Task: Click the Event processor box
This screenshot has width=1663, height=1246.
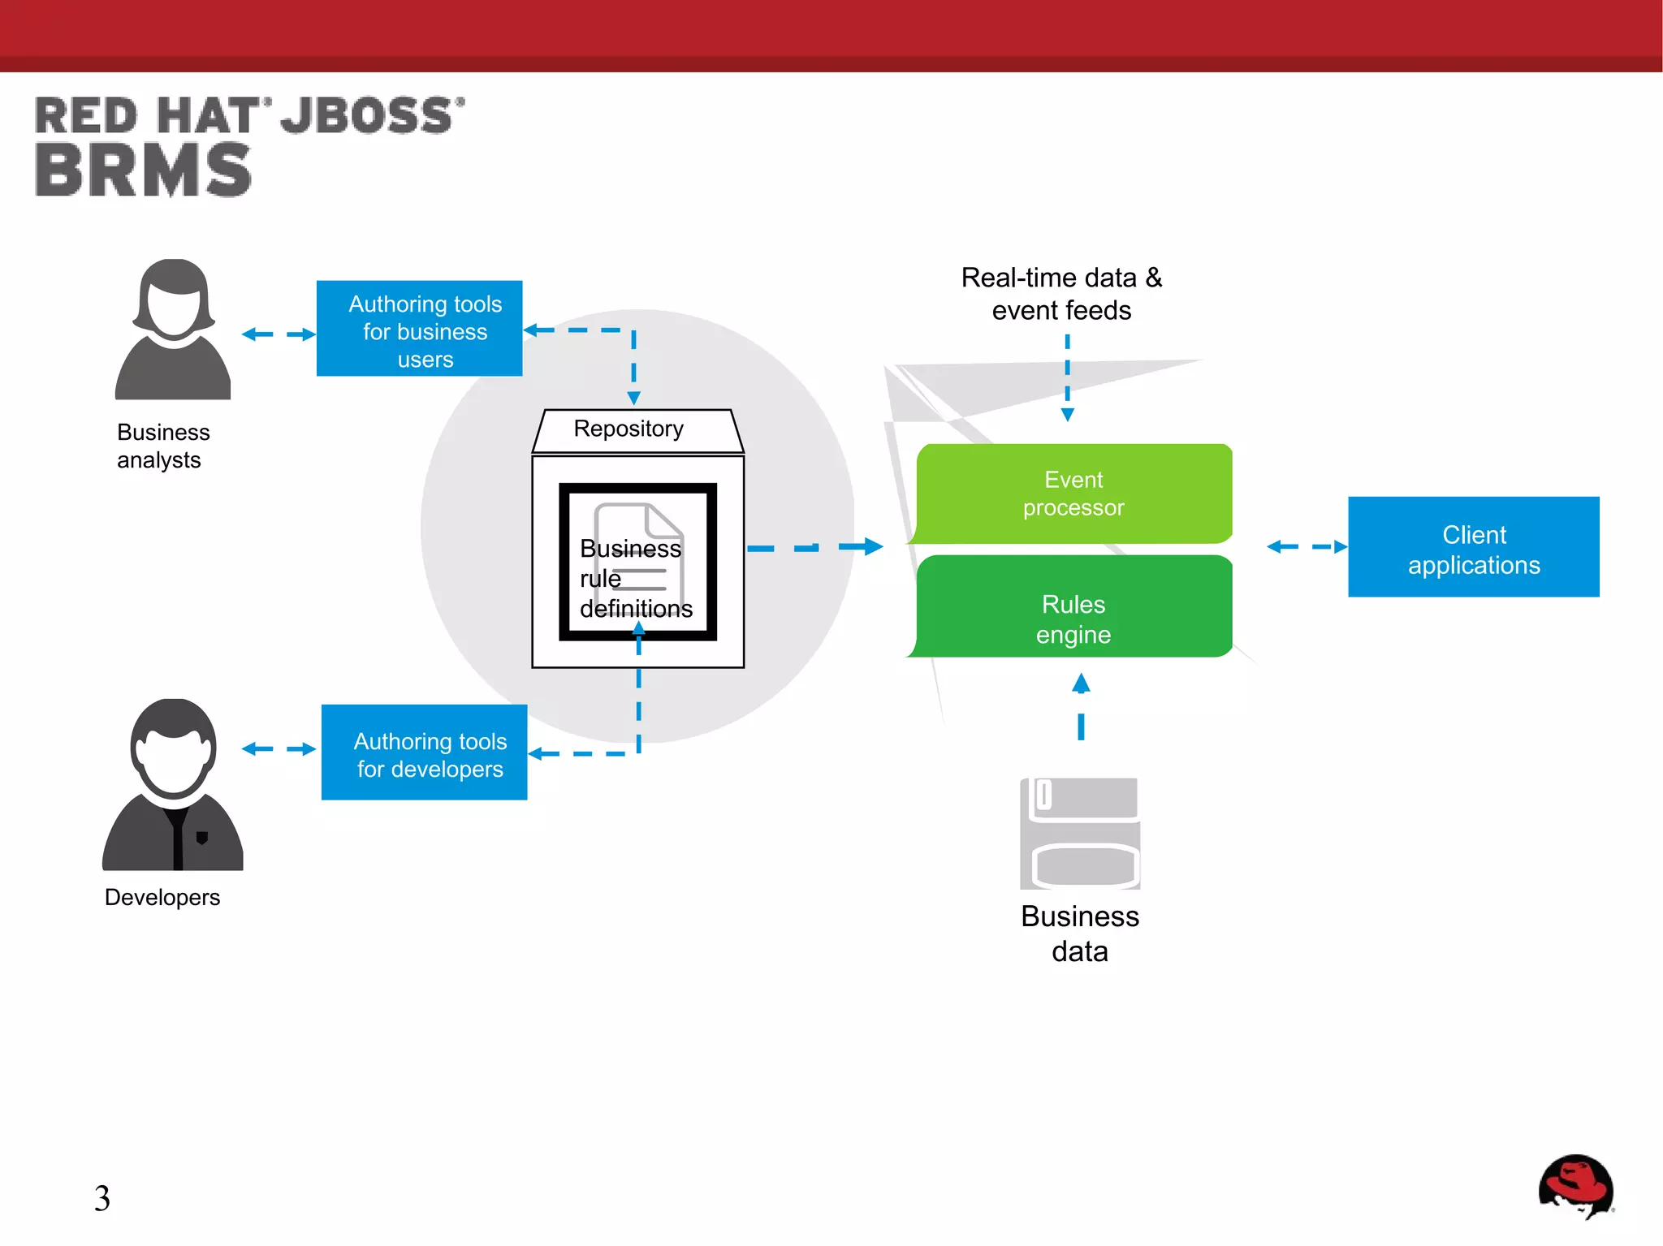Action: (x=1073, y=494)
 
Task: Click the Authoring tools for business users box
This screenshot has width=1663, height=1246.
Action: (x=420, y=329)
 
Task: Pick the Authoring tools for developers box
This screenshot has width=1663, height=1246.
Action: (x=425, y=752)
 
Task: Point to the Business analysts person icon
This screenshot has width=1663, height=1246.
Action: (x=173, y=330)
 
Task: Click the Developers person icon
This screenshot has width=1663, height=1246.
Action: (x=173, y=784)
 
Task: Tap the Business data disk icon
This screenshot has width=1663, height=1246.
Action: (x=1080, y=834)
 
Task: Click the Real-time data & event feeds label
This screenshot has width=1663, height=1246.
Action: (x=1061, y=294)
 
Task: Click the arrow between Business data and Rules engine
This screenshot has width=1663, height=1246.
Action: (x=1081, y=706)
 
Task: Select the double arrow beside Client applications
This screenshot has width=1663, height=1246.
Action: (x=1306, y=547)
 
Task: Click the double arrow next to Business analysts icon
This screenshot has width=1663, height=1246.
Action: (x=279, y=334)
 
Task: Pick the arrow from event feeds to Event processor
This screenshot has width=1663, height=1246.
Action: (x=1068, y=378)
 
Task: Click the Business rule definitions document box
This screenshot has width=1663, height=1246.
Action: (x=637, y=562)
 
